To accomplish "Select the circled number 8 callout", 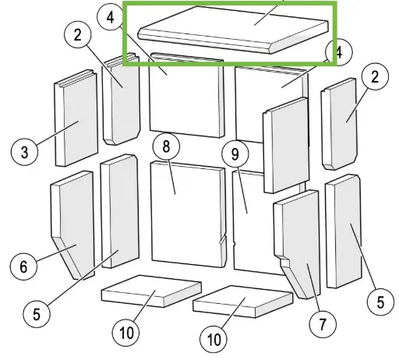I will click(x=166, y=146).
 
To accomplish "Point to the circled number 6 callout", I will click(x=23, y=266).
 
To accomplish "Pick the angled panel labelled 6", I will click(x=70, y=226).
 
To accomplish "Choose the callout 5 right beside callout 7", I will click(x=380, y=302).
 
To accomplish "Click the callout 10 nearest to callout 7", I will click(x=214, y=340).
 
